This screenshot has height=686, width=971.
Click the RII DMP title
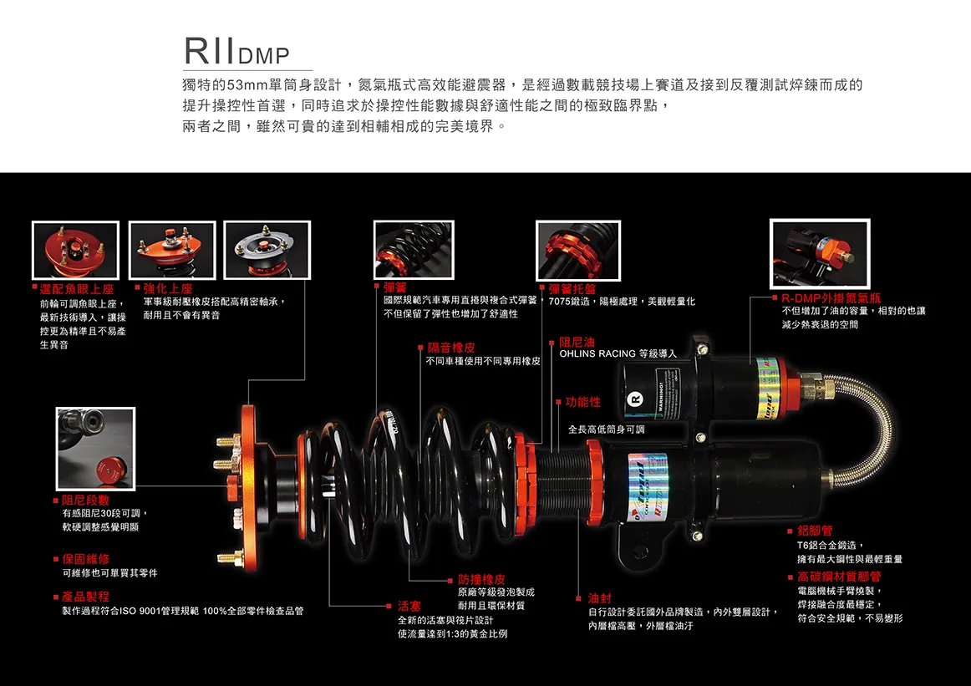[x=236, y=52]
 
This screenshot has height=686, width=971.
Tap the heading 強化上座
[x=168, y=288]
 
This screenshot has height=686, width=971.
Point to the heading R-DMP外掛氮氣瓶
[x=831, y=297]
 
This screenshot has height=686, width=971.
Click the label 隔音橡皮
[x=451, y=348]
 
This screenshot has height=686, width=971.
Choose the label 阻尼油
[x=577, y=342]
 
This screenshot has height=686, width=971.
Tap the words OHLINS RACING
[x=597, y=353]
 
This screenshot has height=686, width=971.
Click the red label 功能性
[x=582, y=402]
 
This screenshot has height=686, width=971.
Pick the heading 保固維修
[x=86, y=558]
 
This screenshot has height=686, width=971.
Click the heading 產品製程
[x=86, y=597]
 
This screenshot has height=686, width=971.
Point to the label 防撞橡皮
[x=481, y=579]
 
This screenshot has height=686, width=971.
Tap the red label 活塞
[x=409, y=605]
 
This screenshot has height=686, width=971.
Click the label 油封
[x=600, y=598]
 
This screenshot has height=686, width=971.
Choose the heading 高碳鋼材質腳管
[x=839, y=577]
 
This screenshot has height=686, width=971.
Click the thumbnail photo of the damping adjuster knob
[x=95, y=448]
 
